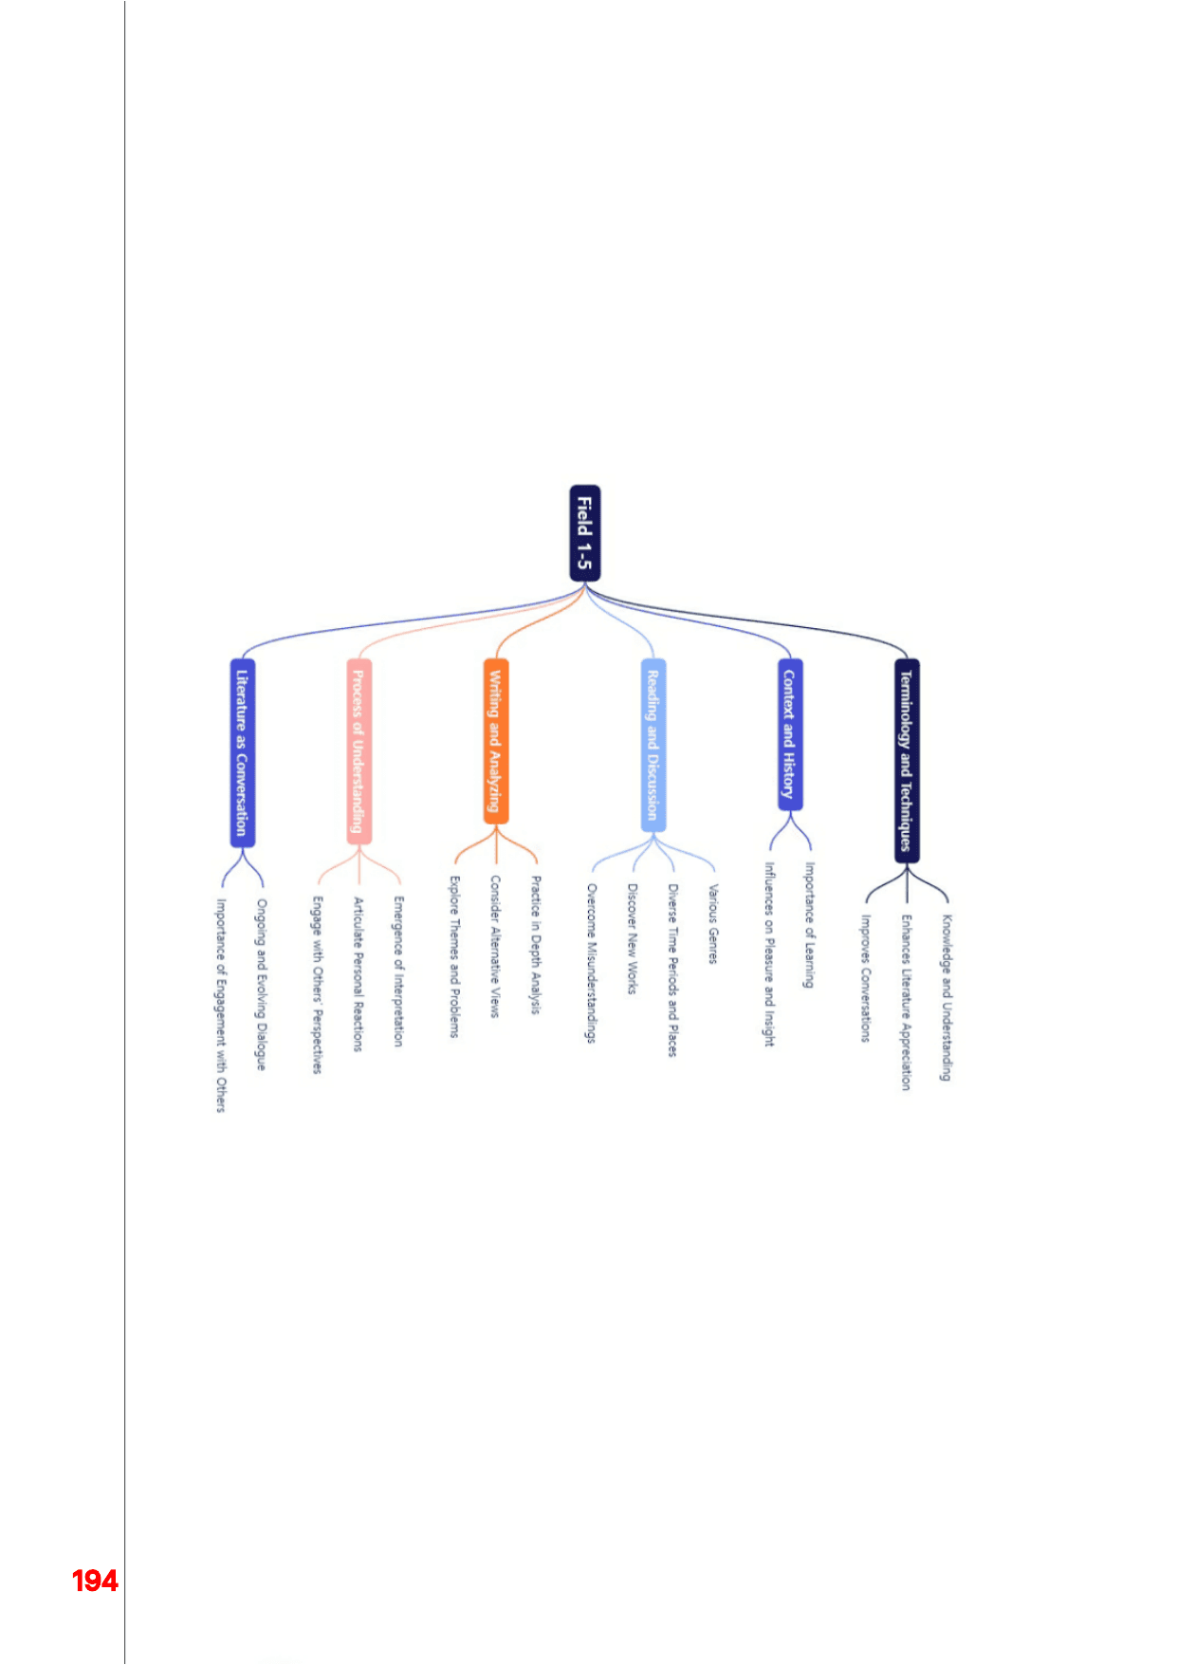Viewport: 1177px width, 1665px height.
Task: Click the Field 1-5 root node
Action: click(584, 533)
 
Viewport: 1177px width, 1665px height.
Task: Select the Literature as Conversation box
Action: click(243, 752)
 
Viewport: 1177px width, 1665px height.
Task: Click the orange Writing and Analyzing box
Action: click(496, 741)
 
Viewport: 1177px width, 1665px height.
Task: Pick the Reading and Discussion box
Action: click(653, 745)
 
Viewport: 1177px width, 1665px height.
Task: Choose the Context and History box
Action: click(790, 734)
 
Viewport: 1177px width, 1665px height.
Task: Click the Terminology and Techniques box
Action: click(907, 761)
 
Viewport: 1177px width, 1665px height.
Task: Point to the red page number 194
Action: click(95, 1581)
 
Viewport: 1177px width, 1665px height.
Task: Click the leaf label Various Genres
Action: click(713, 924)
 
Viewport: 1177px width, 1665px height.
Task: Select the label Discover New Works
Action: click(632, 939)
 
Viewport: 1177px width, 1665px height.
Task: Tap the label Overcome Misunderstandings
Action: click(591, 964)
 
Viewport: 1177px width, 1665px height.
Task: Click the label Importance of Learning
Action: click(809, 925)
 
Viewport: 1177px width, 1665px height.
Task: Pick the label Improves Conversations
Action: click(865, 978)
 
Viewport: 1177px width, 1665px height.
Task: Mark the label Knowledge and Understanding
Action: click(946, 998)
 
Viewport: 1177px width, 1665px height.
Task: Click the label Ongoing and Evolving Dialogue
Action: click(261, 985)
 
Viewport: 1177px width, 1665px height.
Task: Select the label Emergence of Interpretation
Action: click(398, 971)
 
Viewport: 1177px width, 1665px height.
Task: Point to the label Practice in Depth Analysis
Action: click(536, 945)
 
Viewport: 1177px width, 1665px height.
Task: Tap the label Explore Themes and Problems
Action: click(454, 956)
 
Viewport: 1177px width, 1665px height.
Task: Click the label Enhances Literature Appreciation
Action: click(906, 1003)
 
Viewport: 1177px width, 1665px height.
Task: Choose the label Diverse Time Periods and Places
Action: click(672, 971)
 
